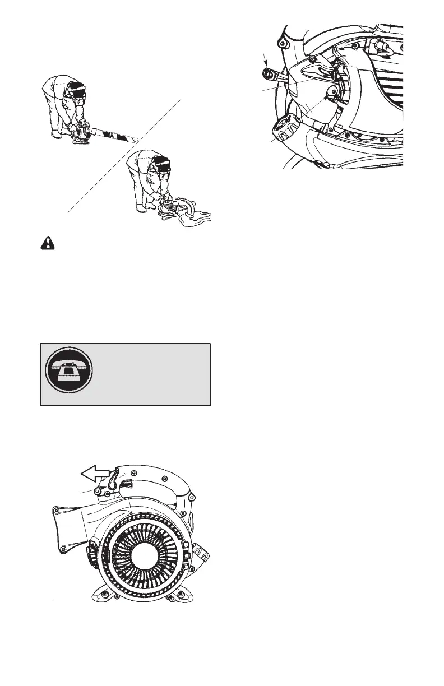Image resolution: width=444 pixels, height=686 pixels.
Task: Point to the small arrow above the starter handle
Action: tap(267, 57)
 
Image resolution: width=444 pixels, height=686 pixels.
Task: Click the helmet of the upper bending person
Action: tap(79, 90)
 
